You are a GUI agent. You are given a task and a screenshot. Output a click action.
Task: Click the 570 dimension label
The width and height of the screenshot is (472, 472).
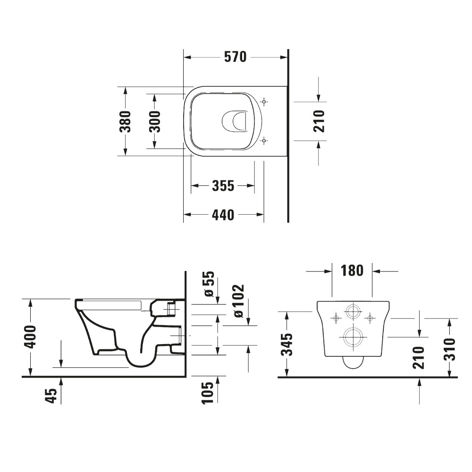(x=235, y=57)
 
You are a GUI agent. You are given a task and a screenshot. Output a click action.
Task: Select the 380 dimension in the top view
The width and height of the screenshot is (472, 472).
(x=125, y=121)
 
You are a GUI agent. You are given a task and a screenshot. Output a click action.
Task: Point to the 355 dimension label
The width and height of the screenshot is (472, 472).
(x=222, y=186)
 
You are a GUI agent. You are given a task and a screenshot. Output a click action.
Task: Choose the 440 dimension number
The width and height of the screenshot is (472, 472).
(x=222, y=215)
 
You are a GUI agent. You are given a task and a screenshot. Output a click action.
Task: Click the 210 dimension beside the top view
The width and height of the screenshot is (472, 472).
(x=320, y=121)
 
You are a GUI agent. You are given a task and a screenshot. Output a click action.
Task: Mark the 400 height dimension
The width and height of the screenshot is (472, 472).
(x=30, y=337)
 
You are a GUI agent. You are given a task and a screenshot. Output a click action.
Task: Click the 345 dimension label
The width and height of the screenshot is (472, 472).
(x=288, y=345)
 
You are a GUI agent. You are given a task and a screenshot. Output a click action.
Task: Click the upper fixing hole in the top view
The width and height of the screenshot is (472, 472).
(x=264, y=102)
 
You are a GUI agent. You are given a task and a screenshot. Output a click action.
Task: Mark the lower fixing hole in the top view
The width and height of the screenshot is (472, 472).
(x=264, y=140)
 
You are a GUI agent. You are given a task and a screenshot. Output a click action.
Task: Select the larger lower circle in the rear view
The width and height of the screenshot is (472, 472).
(x=352, y=337)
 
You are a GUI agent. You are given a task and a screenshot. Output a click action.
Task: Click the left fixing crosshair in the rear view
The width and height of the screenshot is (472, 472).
(x=335, y=317)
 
